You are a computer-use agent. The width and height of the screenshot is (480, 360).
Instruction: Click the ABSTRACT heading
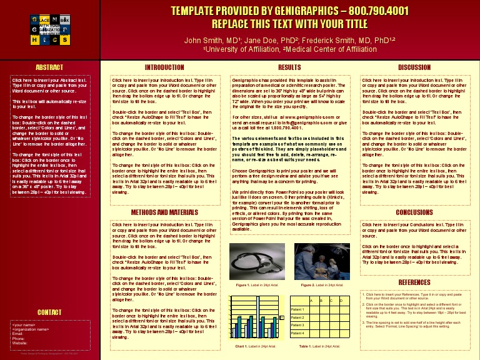(49, 67)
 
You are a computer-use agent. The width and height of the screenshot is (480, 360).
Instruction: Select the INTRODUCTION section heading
(164, 67)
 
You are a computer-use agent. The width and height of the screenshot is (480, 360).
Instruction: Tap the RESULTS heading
(289, 67)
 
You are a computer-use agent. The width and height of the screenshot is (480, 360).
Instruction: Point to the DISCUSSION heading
(414, 67)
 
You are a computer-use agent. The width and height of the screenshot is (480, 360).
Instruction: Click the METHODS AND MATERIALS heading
(164, 212)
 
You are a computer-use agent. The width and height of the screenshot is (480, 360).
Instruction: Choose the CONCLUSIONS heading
(414, 212)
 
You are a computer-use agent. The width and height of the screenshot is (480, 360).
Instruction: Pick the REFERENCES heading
(414, 282)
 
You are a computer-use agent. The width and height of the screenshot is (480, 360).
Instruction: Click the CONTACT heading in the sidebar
(49, 312)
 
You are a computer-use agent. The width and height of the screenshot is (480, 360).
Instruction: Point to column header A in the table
(311, 301)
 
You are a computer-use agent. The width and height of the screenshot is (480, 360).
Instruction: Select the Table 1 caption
(319, 346)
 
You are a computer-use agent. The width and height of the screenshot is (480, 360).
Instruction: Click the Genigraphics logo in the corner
(50, 29)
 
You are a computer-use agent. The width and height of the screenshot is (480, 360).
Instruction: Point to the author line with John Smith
(289, 40)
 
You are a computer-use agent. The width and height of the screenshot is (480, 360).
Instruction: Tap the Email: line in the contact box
(18, 334)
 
